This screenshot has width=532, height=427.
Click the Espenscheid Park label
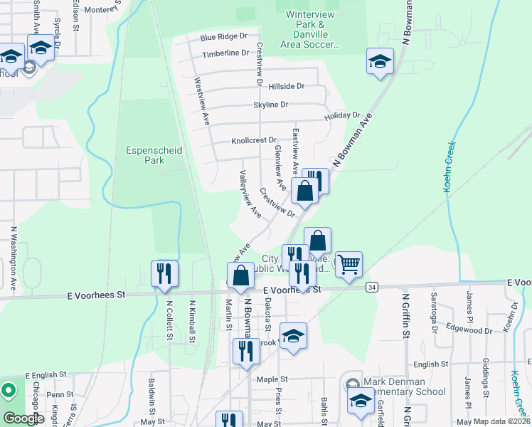[x=145, y=155]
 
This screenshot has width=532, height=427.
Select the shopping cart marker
[x=349, y=265]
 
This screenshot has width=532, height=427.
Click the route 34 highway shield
[x=371, y=287]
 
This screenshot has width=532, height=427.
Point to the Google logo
[x=23, y=418]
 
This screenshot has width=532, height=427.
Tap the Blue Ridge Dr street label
[x=223, y=36]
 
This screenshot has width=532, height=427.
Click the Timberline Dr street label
[x=225, y=53]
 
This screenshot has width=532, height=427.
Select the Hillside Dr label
[x=287, y=86]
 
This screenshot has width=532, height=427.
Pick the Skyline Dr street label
[x=270, y=105]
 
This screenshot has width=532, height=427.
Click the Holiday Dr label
[x=342, y=115]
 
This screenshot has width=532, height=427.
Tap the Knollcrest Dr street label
[x=253, y=141]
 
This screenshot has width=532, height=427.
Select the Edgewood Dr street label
[x=469, y=330]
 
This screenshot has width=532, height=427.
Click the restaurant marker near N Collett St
[x=164, y=273]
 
